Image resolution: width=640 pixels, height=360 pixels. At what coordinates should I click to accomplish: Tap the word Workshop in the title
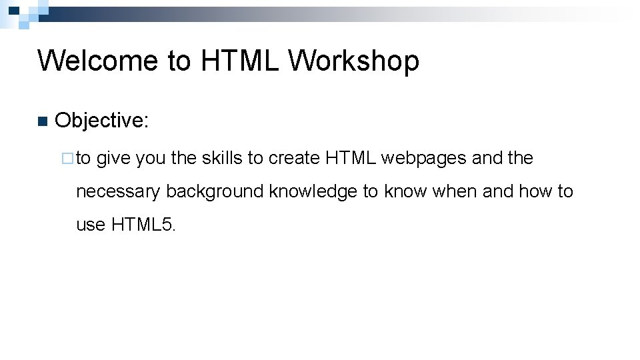(354, 61)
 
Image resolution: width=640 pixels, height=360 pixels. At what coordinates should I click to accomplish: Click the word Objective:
(102, 121)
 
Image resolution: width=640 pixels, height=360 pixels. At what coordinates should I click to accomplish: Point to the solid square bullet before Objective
(43, 121)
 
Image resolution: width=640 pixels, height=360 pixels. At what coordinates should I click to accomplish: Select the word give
(114, 159)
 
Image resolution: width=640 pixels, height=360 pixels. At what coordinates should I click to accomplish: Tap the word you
(151, 159)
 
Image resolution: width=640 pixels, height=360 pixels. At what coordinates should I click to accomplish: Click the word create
(294, 159)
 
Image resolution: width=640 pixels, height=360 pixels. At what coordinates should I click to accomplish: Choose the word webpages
(423, 159)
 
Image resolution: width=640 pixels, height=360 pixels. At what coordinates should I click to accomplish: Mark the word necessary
(119, 192)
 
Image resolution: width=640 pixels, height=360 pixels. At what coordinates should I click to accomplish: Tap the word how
(535, 192)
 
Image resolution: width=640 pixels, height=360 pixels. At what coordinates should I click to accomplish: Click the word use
(91, 225)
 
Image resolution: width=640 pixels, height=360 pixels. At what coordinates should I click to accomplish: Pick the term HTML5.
(143, 225)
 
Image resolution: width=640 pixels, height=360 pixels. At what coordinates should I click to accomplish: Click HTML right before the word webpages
(351, 159)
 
